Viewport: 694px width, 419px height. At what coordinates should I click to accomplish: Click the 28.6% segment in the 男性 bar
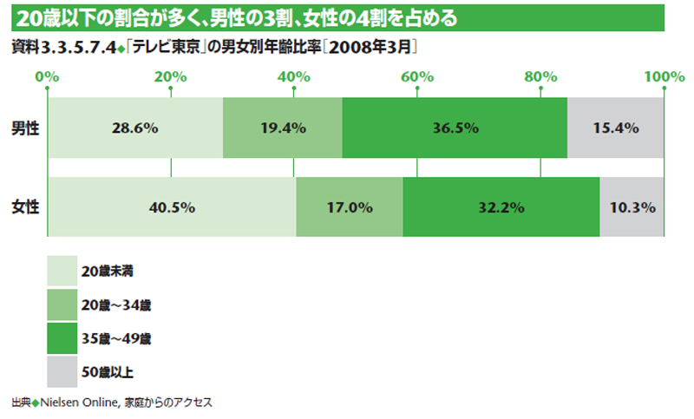tap(134, 128)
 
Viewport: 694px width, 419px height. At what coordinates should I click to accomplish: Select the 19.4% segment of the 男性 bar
tap(283, 128)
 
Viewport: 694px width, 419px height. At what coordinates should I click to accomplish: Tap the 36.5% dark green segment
tap(455, 128)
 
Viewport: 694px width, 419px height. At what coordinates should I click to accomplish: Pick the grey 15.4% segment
tap(616, 128)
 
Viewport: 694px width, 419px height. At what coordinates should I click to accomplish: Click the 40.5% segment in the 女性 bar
tap(172, 207)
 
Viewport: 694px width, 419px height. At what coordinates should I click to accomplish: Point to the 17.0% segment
tap(349, 207)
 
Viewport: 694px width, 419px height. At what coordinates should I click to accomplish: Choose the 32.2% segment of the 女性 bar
tap(501, 207)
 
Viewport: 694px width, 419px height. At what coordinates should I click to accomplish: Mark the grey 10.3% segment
tap(632, 207)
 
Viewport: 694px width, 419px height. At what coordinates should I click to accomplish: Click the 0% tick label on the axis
tap(48, 77)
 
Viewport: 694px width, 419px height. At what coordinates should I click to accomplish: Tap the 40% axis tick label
tap(294, 77)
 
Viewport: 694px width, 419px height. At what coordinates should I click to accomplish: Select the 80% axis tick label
tap(540, 77)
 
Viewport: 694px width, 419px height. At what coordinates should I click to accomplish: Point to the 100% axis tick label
tap(665, 77)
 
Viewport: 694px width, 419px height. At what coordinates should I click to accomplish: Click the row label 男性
tap(24, 128)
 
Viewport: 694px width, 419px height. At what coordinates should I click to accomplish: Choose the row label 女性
tap(24, 207)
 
